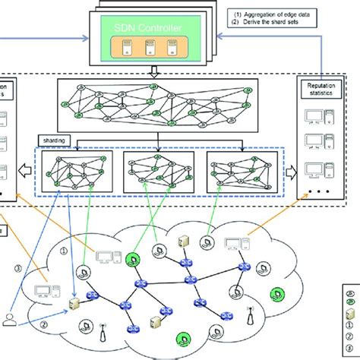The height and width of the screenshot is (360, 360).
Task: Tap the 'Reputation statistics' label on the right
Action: (x=321, y=92)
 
